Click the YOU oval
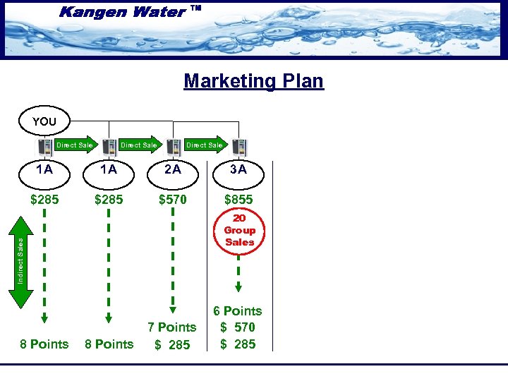point(44,121)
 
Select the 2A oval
point(173,169)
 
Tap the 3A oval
point(238,169)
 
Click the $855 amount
point(238,200)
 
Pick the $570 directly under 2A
point(173,200)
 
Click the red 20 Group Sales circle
point(239,231)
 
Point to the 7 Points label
point(171,327)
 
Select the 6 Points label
point(238,311)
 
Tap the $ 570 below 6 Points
point(238,327)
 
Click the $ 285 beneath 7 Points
point(173,344)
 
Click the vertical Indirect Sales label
point(21,260)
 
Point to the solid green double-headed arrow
point(22,261)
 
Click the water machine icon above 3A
point(240,146)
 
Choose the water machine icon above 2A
point(174,146)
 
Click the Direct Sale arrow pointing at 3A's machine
point(205,145)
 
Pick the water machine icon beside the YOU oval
point(44,146)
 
